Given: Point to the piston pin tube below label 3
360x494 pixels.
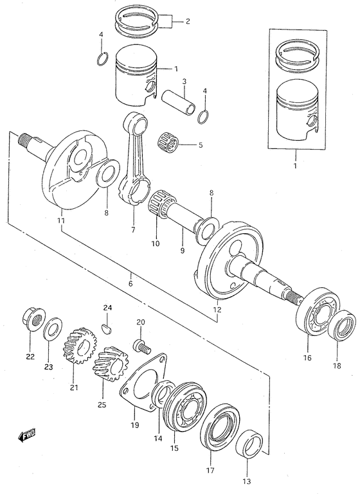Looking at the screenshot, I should pos(179,101).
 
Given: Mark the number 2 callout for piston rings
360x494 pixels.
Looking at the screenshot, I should pos(187,22).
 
